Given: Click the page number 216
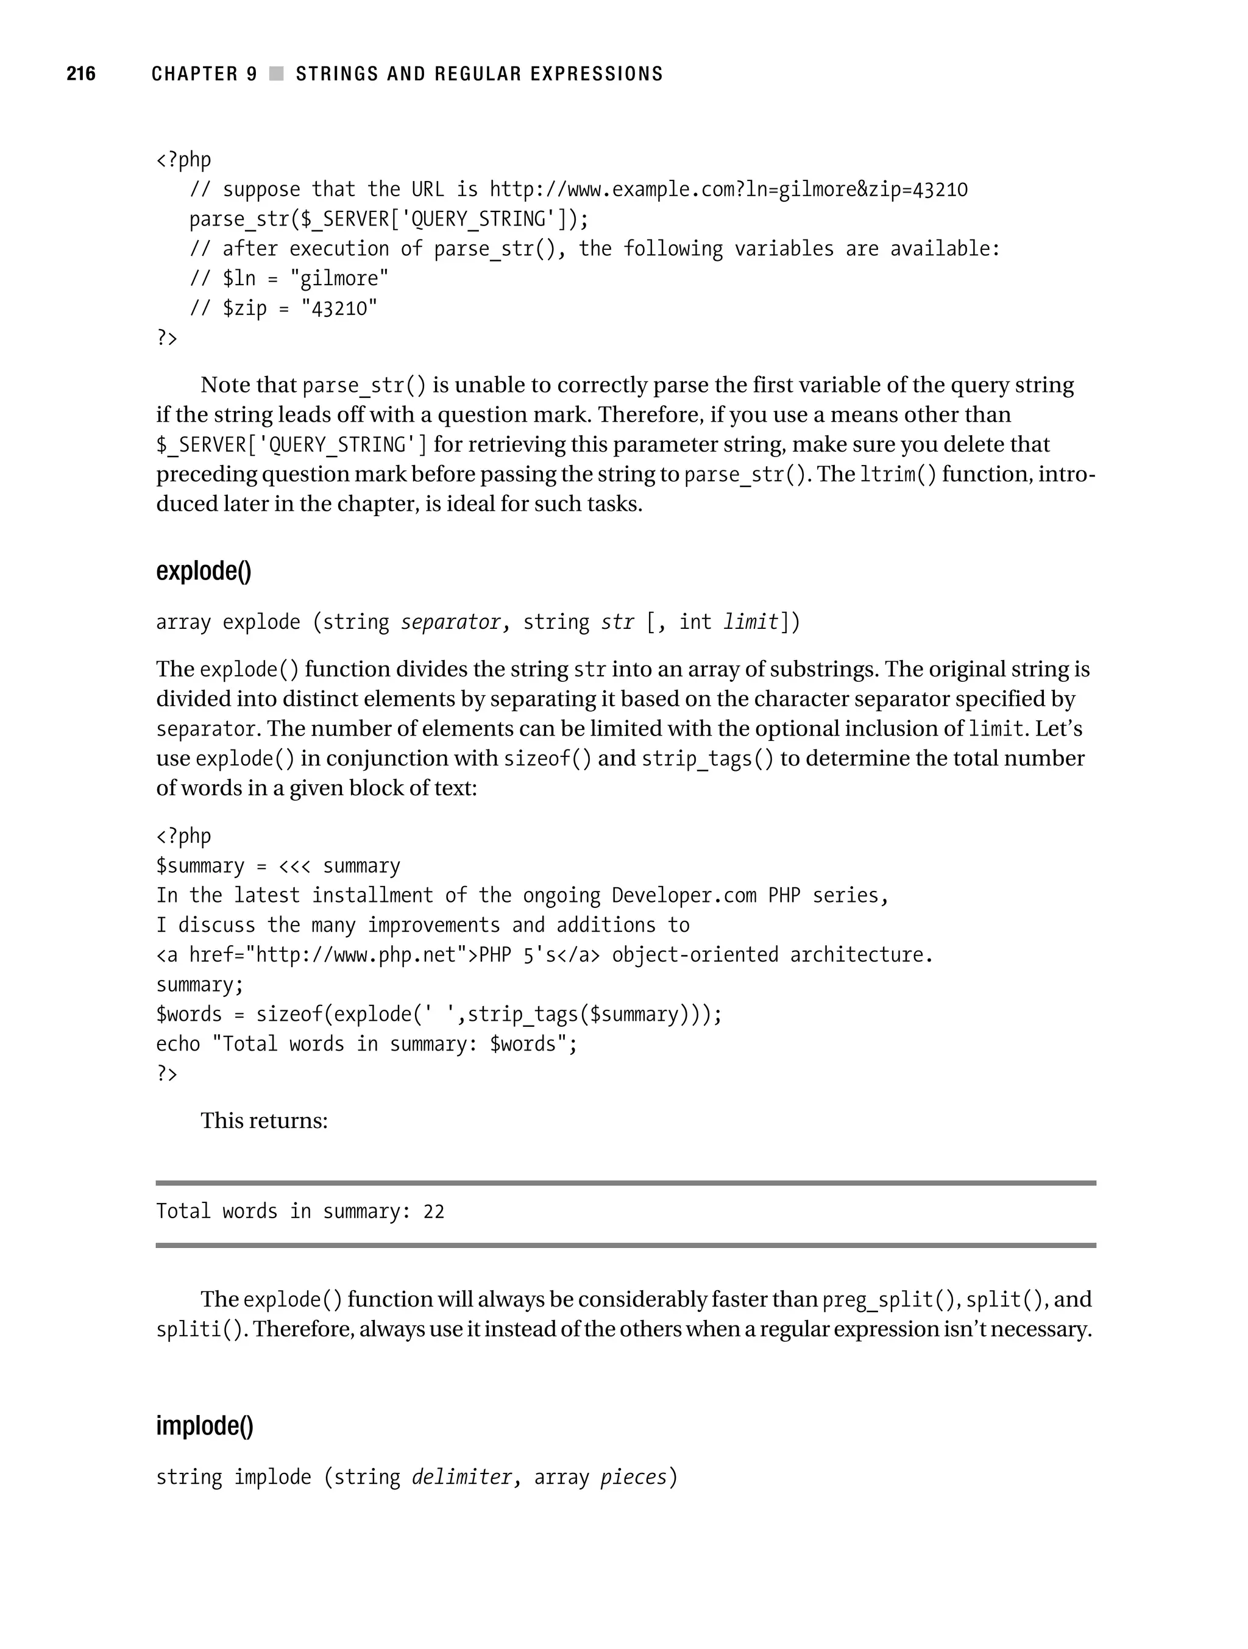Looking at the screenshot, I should pos(81,73).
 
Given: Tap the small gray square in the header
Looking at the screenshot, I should pos(277,73).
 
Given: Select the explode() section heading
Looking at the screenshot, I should pos(204,571).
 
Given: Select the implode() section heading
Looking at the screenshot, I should pos(204,1425).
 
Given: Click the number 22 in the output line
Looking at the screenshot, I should pos(433,1212).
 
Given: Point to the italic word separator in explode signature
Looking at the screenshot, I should pos(450,622).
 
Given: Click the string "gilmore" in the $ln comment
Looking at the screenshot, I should pos(339,279).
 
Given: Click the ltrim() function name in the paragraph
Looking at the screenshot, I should pos(898,474).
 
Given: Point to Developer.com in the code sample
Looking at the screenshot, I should pos(684,895).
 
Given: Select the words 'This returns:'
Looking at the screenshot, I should pos(264,1121).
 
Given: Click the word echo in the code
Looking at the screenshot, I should pos(177,1044).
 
